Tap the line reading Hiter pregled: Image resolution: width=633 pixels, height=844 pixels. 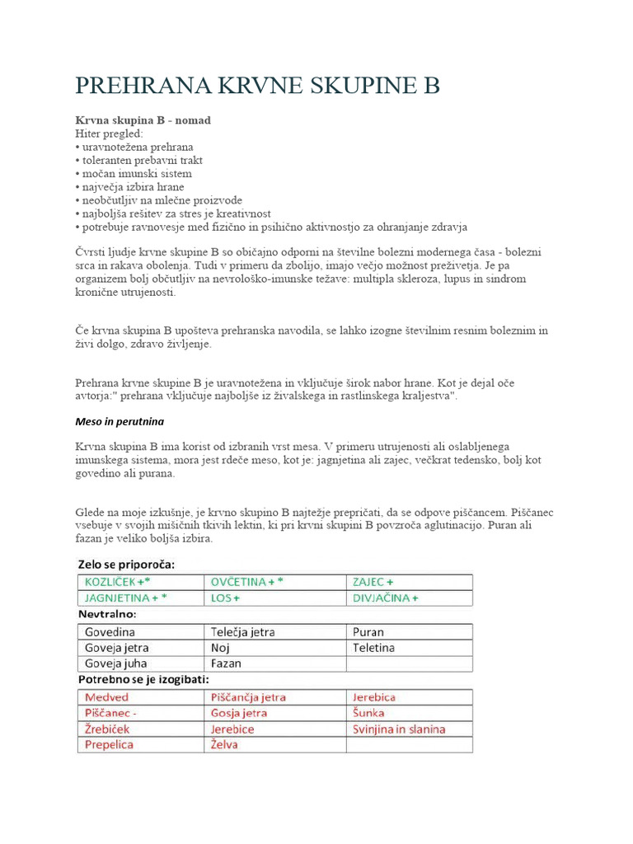click(109, 134)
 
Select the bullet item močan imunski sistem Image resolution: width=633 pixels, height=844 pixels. click(136, 174)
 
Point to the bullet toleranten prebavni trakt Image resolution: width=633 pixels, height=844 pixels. click(141, 161)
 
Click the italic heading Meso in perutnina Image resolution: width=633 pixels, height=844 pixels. click(120, 421)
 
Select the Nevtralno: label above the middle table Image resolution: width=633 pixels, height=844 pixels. click(107, 615)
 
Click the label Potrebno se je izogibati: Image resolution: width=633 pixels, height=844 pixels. click(143, 680)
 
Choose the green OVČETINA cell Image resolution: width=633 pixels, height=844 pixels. click(247, 582)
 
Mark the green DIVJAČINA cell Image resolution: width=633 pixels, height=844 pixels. click(385, 598)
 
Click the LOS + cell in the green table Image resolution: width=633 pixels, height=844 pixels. click(225, 598)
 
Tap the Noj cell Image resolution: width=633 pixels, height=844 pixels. click(219, 648)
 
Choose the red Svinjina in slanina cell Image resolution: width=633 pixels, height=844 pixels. click(399, 729)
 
